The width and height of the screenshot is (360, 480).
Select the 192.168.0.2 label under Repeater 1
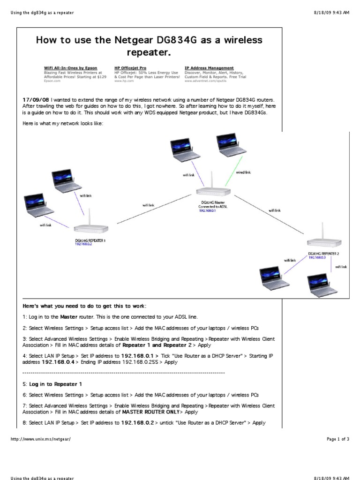tap(83, 244)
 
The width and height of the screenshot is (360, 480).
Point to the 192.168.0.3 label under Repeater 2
tap(316, 257)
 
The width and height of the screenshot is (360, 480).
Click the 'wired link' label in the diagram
tap(243, 172)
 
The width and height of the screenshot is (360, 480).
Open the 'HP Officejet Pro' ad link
tap(130, 68)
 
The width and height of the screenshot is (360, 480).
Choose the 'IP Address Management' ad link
tap(209, 68)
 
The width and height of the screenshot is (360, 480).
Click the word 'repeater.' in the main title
tap(150, 52)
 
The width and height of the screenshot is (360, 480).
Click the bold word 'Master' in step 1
tap(68, 317)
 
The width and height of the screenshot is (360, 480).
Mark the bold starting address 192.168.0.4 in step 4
tap(58, 362)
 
